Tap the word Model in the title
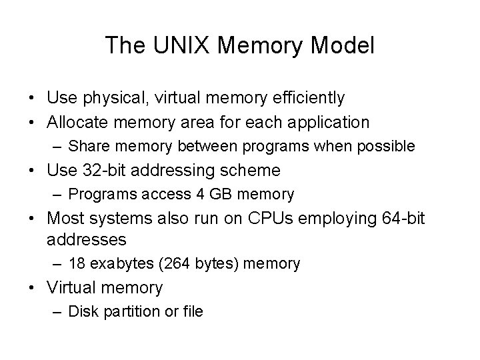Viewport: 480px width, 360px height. coord(345,45)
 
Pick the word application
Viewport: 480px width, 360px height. coord(331,122)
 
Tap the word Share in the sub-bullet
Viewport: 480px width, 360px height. coord(85,146)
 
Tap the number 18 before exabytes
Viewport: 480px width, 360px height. coord(76,263)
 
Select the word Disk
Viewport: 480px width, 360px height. coord(81,311)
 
